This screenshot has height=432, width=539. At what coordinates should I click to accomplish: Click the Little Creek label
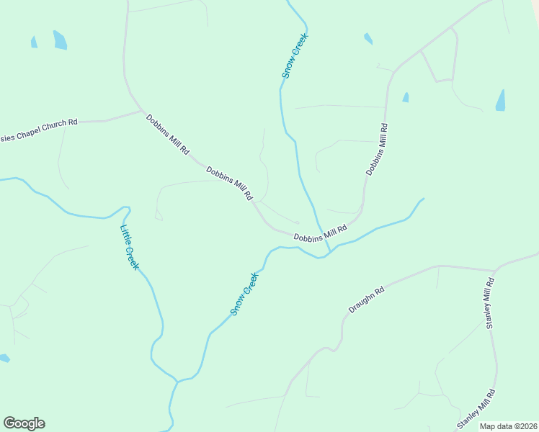click(x=130, y=248)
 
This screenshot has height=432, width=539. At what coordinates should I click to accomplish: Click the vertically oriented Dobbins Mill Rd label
click(x=377, y=150)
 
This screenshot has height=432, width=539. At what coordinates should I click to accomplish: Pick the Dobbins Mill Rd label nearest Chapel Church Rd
click(x=167, y=135)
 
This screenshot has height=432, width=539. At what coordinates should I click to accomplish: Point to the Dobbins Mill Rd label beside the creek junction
click(x=320, y=233)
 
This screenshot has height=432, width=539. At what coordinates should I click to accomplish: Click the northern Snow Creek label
click(x=295, y=55)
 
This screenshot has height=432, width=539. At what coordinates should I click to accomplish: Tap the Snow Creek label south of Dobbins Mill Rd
click(x=244, y=294)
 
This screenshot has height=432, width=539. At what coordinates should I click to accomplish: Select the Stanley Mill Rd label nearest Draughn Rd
click(x=489, y=302)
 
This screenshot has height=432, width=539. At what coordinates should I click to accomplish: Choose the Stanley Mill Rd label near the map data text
click(x=477, y=409)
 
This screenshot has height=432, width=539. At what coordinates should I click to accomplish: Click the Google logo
click(x=24, y=423)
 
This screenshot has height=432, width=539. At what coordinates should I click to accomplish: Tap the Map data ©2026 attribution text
click(x=508, y=426)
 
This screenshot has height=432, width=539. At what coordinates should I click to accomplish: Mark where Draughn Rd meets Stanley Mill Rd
click(x=495, y=271)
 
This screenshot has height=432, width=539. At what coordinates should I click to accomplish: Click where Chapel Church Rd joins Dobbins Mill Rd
click(x=142, y=112)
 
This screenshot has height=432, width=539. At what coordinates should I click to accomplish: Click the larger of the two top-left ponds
click(x=60, y=40)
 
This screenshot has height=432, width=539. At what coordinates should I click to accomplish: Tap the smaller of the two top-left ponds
click(x=34, y=42)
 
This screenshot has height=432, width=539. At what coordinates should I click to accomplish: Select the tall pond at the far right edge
click(x=500, y=100)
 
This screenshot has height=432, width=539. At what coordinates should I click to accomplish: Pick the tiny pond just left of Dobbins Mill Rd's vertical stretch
click(x=406, y=97)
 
